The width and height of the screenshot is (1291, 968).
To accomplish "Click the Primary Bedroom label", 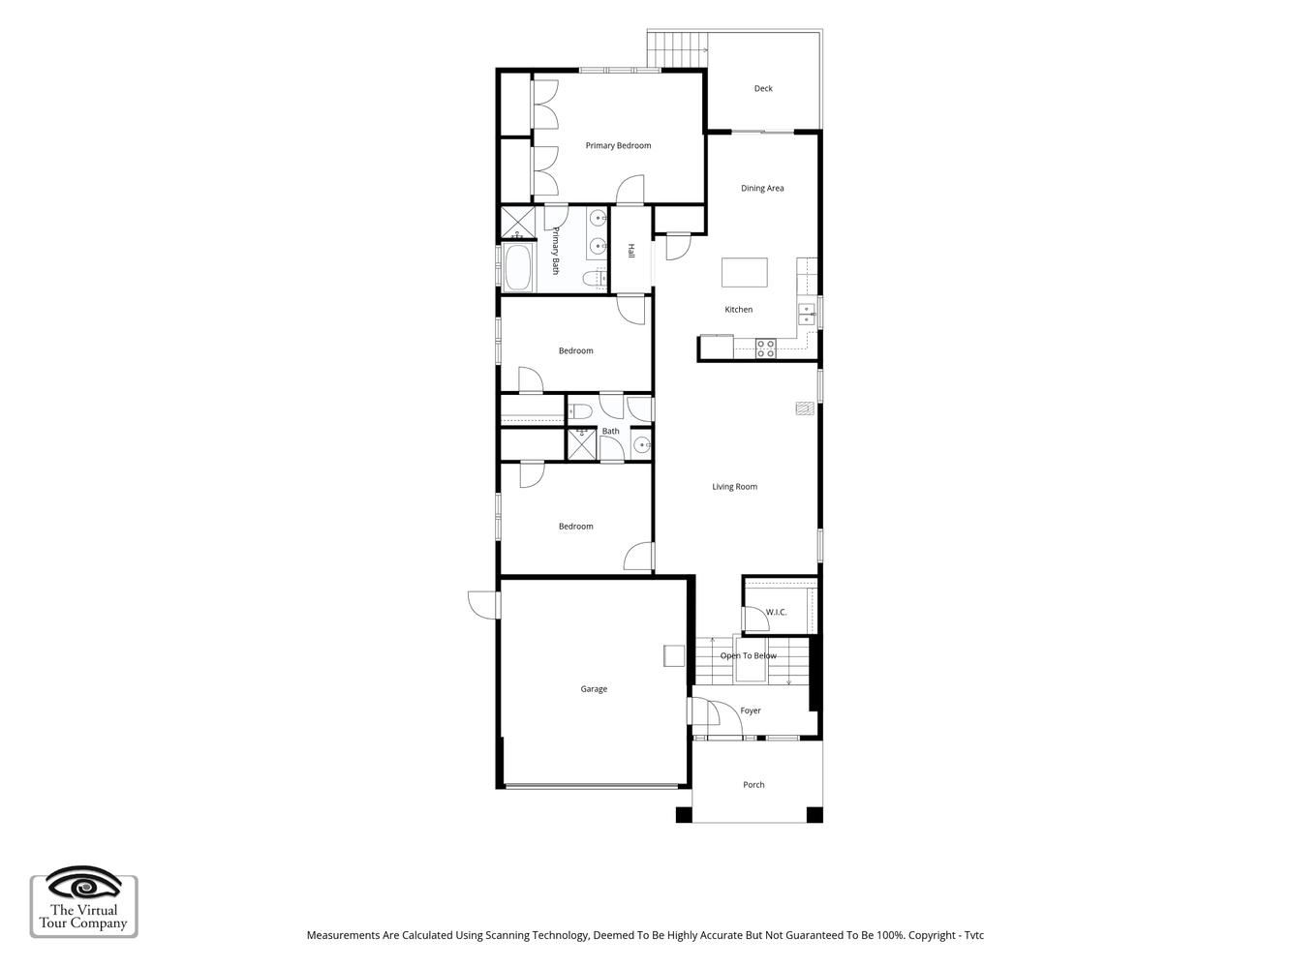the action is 618,146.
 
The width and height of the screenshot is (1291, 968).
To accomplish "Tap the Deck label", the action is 763,89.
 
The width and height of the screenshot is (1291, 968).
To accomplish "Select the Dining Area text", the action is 761,188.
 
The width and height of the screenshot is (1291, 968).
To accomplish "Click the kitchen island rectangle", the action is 744,273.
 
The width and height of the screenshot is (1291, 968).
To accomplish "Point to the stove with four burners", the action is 765,348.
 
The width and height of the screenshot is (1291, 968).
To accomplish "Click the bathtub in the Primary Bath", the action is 517,268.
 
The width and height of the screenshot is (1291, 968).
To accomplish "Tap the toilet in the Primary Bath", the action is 594,278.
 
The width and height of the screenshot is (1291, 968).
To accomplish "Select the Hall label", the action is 631,251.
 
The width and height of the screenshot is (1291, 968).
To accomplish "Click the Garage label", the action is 594,689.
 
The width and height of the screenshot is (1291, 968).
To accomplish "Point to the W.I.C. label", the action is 776,612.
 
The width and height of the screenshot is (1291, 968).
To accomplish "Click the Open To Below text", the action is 748,655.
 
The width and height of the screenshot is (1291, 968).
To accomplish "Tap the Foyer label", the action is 751,711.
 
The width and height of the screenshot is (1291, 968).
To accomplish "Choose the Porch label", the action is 753,785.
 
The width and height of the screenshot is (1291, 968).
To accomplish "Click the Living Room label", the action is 735,487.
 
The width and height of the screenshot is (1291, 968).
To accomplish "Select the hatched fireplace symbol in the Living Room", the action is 805,408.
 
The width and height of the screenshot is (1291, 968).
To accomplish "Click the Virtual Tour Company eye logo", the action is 83,884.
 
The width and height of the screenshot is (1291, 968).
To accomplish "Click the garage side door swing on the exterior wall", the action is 483,605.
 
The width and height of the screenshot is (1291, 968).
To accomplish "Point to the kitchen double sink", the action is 806,314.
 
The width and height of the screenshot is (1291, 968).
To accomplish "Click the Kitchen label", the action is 738,310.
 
